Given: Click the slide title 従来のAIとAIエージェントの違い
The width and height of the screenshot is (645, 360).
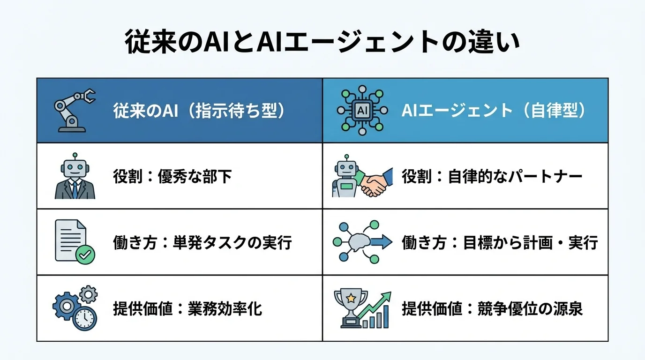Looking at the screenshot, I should click(x=322, y=43).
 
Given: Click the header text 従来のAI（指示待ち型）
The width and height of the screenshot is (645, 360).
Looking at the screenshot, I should click(x=199, y=111).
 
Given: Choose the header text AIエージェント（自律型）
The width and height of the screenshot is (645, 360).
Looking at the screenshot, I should click(x=494, y=111).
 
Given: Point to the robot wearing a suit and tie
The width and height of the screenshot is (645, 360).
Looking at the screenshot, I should click(x=75, y=177).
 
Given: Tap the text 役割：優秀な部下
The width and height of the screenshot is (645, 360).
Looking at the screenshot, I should click(x=172, y=177).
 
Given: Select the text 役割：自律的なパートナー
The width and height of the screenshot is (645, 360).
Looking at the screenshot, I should click(x=492, y=177).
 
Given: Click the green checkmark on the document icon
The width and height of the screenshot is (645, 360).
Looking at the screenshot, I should click(x=85, y=255).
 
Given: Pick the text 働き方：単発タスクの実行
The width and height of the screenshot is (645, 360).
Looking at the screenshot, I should click(x=202, y=243).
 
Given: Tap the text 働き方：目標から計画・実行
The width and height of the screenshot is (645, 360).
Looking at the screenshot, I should click(x=500, y=243).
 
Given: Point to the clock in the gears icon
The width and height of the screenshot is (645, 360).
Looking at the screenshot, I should click(x=85, y=319).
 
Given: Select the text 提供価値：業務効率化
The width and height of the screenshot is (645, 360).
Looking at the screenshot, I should click(x=187, y=309).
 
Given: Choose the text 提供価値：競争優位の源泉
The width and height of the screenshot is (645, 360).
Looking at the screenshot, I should click(x=492, y=309).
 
